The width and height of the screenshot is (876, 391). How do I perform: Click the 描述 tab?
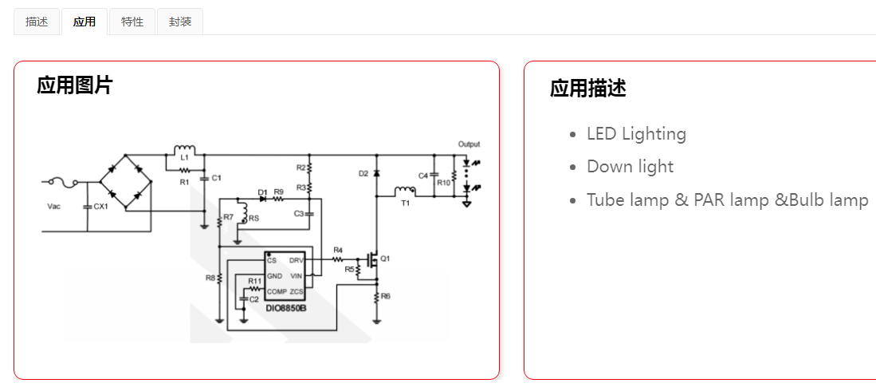pyautogui.click(x=37, y=22)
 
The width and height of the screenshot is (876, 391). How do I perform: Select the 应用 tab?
pyautogui.click(x=84, y=22)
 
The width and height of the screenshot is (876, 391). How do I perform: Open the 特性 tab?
pyautogui.click(x=132, y=22)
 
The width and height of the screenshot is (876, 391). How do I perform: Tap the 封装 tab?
pyautogui.click(x=180, y=22)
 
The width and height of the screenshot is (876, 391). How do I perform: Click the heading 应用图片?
pyautogui.click(x=75, y=85)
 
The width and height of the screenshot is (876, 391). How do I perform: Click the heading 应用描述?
pyautogui.click(x=587, y=89)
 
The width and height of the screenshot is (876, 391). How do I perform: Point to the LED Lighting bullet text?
pyautogui.click(x=636, y=134)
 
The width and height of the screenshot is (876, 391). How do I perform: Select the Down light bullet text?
pyautogui.click(x=630, y=167)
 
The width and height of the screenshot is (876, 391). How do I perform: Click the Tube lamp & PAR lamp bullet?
pyautogui.click(x=727, y=199)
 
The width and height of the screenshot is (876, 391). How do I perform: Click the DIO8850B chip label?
pyautogui.click(x=286, y=307)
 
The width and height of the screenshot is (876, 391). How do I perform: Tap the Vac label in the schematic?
pyautogui.click(x=54, y=207)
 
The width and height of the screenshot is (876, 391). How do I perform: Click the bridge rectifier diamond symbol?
pyautogui.click(x=129, y=182)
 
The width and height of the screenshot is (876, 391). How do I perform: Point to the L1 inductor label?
pyautogui.click(x=184, y=158)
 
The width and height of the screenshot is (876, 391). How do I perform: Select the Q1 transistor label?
pyautogui.click(x=385, y=259)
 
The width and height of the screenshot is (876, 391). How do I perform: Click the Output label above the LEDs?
pyautogui.click(x=469, y=144)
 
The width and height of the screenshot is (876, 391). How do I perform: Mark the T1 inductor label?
pyautogui.click(x=405, y=203)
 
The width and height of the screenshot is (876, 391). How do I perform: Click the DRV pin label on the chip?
pyautogui.click(x=296, y=261)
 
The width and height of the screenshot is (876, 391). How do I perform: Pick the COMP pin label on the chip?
pyautogui.click(x=277, y=291)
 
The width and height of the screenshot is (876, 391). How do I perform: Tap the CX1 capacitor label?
pyautogui.click(x=100, y=207)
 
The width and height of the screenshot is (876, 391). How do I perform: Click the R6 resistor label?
pyautogui.click(x=386, y=296)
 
